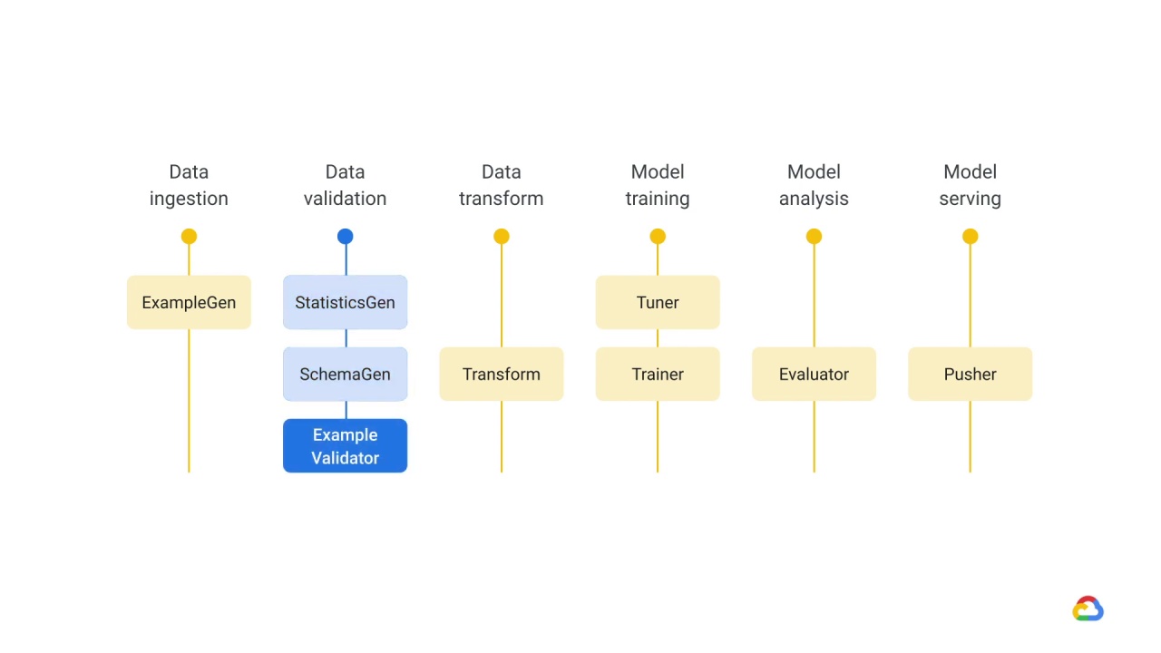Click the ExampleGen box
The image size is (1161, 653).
click(189, 302)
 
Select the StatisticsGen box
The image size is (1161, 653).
click(346, 302)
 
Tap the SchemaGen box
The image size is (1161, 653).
click(346, 375)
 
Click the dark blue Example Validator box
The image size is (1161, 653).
click(346, 445)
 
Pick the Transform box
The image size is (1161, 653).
click(502, 375)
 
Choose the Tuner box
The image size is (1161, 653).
click(658, 302)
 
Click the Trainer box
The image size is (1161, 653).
click(658, 375)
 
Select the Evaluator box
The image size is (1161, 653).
click(814, 375)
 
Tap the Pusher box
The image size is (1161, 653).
click(971, 375)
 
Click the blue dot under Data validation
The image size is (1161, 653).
click(346, 237)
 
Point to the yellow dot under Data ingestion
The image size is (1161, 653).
click(189, 237)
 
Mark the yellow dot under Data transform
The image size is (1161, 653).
click(502, 237)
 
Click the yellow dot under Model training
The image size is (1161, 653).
click(658, 237)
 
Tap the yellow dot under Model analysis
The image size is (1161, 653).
click(814, 237)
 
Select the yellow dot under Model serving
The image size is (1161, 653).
click(971, 237)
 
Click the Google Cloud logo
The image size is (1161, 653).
click(1088, 609)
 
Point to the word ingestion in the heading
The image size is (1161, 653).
click(189, 200)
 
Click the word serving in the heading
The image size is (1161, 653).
click(971, 200)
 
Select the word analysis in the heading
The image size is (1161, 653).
click(814, 200)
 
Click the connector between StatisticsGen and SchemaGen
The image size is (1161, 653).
click(346, 338)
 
